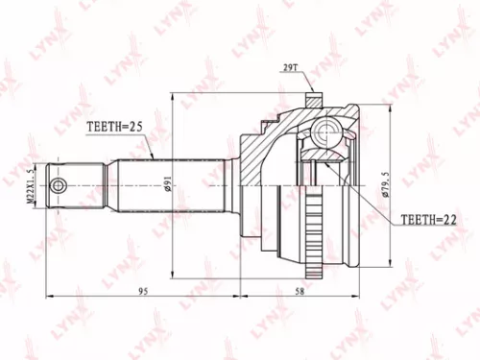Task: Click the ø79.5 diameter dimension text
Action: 386,181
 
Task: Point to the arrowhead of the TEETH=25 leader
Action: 155,158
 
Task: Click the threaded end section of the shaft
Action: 77,185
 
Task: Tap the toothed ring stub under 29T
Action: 314,97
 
